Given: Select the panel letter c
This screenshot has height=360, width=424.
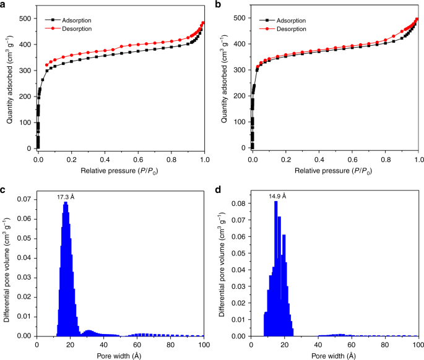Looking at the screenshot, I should click(x=4, y=189).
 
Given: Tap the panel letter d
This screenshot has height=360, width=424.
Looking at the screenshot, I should click(x=218, y=189).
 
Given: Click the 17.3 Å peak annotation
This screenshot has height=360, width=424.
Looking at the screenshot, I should click(x=66, y=197).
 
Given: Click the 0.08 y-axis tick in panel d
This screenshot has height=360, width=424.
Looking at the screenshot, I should click(x=237, y=202).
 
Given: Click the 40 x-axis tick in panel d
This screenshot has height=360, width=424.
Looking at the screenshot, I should click(x=318, y=345).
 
